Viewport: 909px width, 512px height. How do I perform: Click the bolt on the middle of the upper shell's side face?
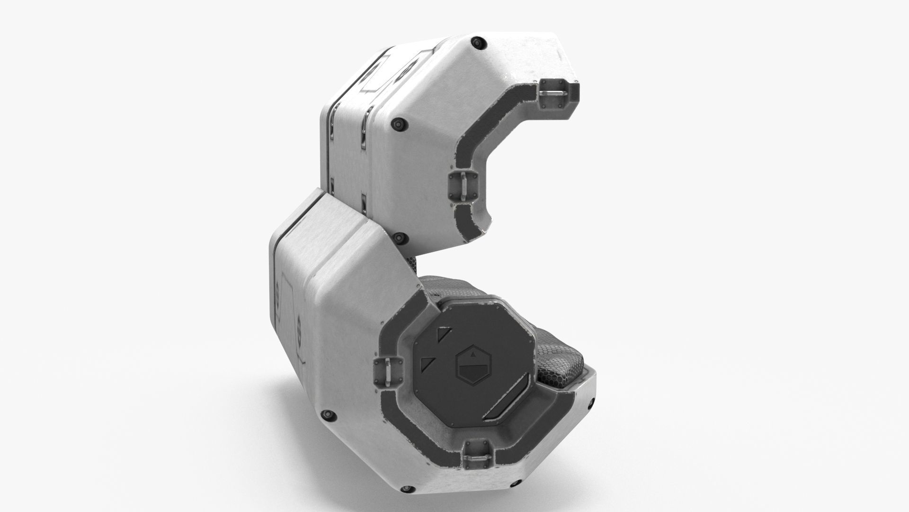coord(398,124)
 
